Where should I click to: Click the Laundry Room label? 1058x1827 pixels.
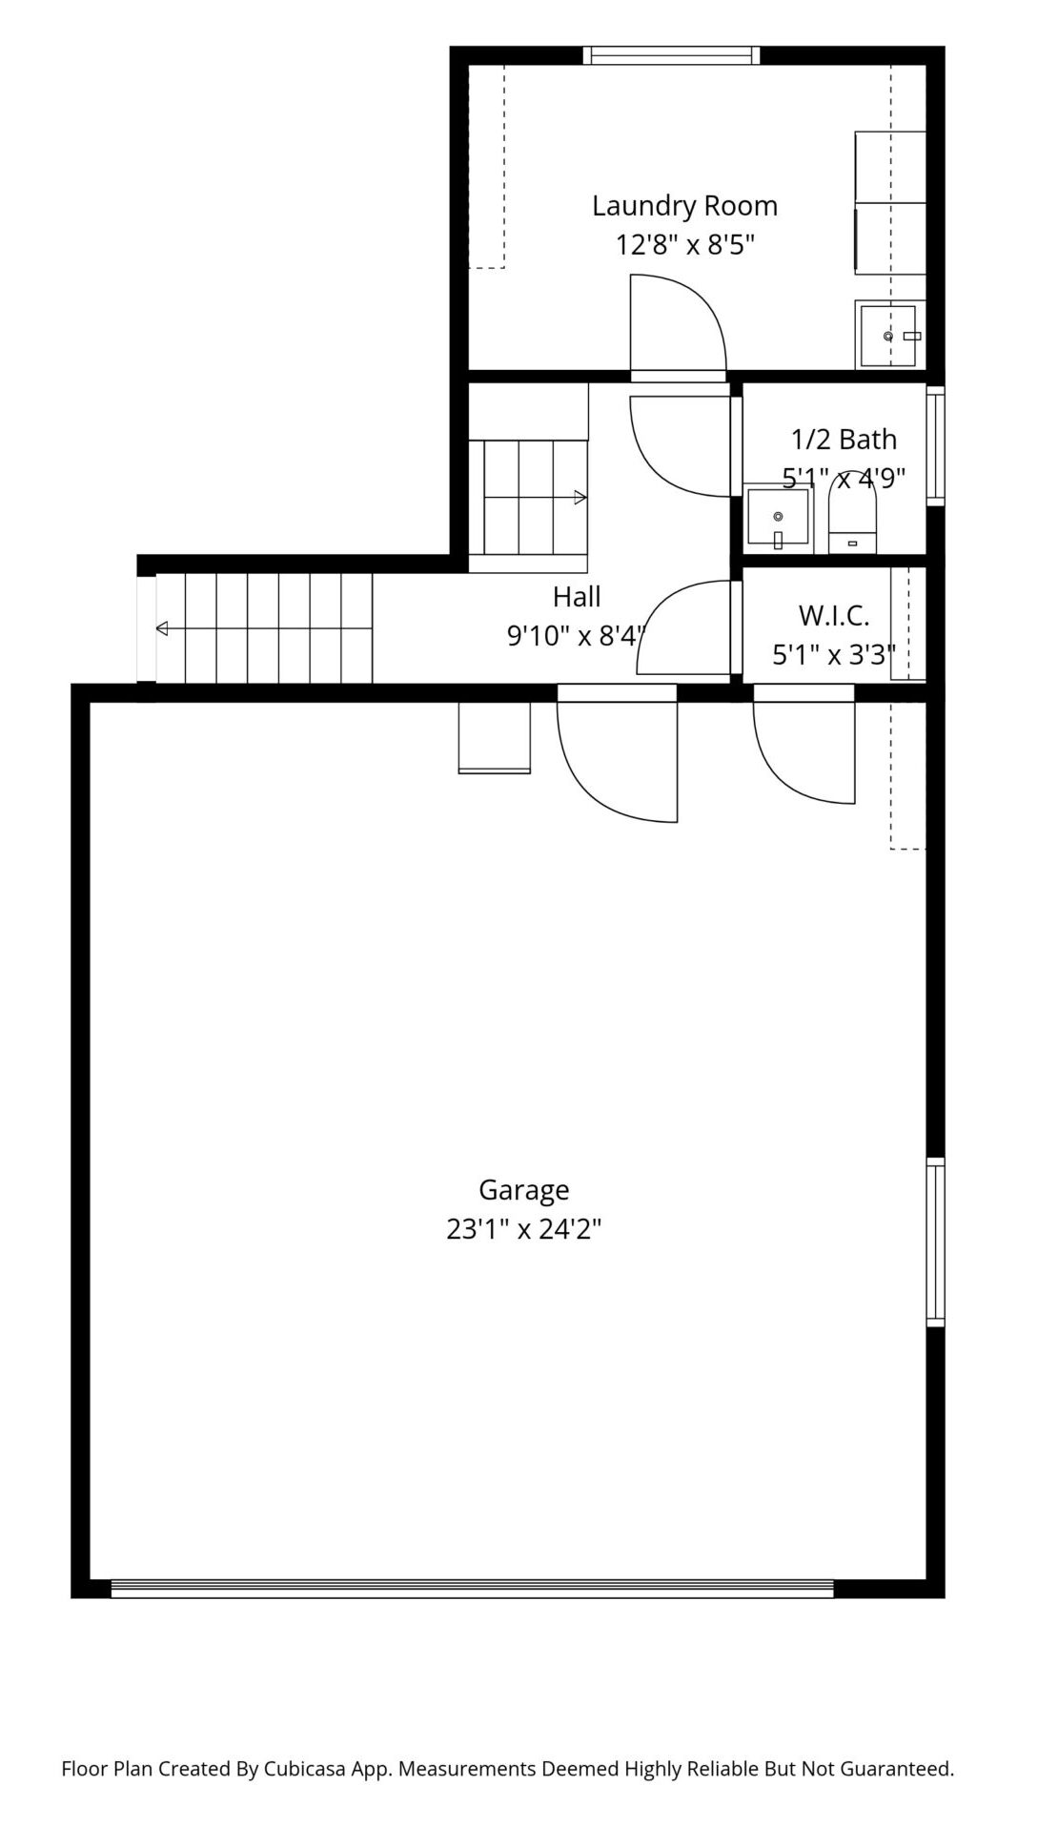684,206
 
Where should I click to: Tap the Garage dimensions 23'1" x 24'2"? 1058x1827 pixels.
523,1229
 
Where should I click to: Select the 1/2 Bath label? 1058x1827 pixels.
844,440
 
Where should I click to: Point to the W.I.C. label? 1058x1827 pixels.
834,616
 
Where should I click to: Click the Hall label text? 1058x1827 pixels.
577,597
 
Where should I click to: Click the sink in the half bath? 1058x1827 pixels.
777,518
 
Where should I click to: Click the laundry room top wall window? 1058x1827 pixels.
672,55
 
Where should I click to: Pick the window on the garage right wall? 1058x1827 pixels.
936,1242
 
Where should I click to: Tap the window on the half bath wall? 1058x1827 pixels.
936,445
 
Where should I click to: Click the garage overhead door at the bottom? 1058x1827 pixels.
472,1588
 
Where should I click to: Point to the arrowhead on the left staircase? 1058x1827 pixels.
162,628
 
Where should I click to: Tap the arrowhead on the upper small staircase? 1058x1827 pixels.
580,497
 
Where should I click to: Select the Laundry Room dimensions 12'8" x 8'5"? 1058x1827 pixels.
684,245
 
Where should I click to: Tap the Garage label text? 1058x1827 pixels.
523,1190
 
